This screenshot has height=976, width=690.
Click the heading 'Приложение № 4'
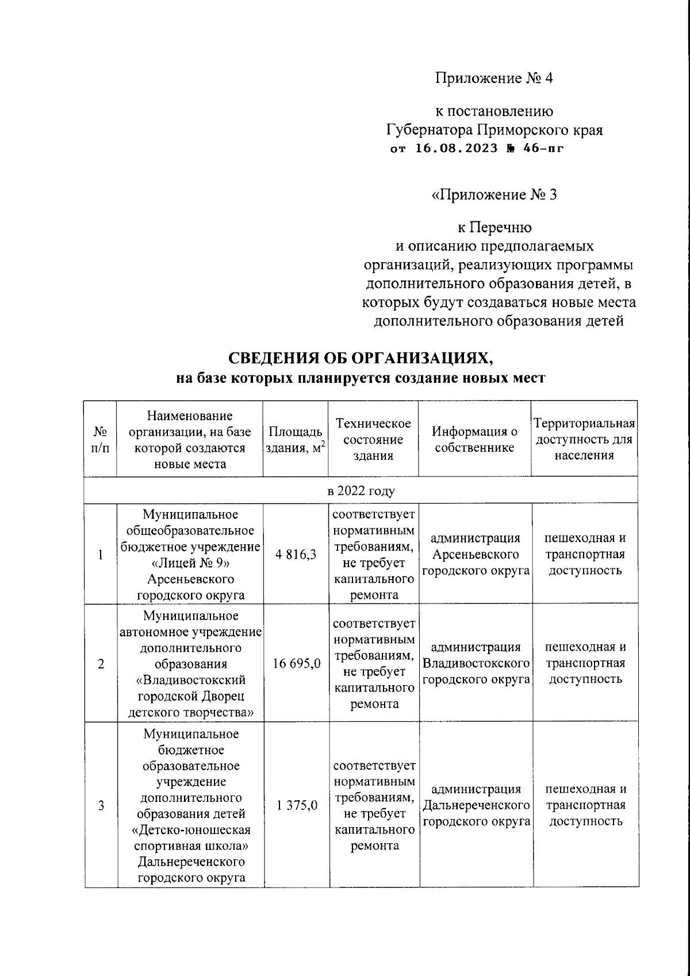(493, 78)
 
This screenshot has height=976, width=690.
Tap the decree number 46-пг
(539, 149)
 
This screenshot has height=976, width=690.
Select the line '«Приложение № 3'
(493, 195)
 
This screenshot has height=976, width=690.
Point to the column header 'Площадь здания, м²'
(295, 440)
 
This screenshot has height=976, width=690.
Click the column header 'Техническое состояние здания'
(373, 440)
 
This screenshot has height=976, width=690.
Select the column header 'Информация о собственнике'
(475, 440)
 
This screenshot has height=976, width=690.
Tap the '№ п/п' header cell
(101, 440)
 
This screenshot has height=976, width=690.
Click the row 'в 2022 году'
(361, 491)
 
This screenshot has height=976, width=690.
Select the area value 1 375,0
(296, 805)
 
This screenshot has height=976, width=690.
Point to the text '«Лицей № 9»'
(190, 563)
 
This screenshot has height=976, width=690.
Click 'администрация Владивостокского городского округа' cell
(476, 663)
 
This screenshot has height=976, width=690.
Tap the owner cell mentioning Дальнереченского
(476, 805)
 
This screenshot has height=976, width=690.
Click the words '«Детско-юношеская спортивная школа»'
(190, 838)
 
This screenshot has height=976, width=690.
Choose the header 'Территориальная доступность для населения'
(584, 440)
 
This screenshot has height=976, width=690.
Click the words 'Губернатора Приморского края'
(494, 129)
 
